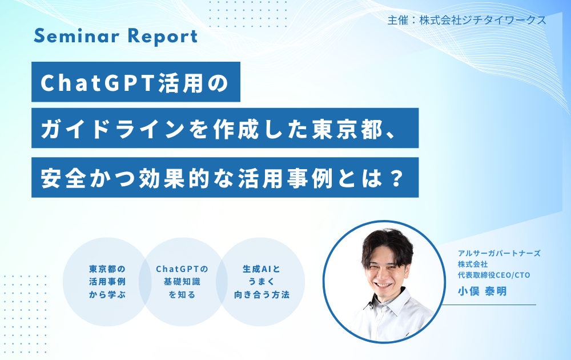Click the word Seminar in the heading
(77, 36)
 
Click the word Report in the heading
(163, 37)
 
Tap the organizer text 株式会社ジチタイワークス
(483, 20)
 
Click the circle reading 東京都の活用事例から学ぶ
(107, 282)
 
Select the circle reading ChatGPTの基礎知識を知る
(182, 282)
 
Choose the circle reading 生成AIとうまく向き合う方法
(261, 282)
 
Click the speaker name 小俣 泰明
(482, 291)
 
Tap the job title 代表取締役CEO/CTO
(494, 275)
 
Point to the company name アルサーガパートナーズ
(499, 253)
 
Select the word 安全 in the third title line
(63, 178)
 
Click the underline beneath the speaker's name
(489, 305)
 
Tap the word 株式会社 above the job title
(473, 264)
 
